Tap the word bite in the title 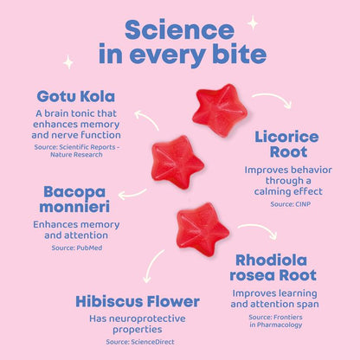[x=233, y=55]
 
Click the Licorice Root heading [x=286, y=145]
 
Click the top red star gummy [x=219, y=111]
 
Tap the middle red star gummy [x=177, y=161]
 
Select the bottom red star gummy [x=202, y=228]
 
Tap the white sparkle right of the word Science [x=253, y=22]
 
